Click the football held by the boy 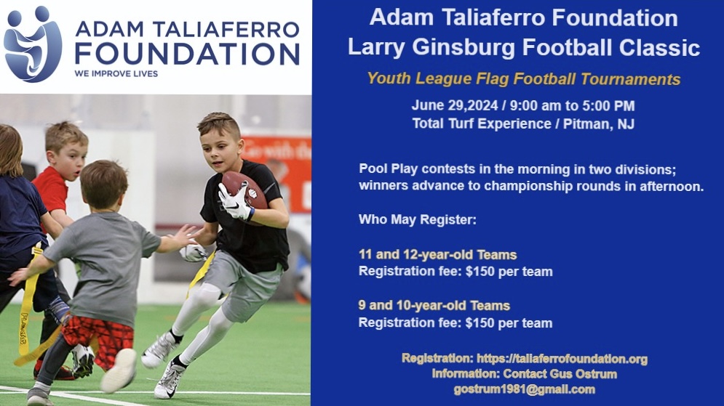(244, 190)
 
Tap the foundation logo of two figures (33, 44)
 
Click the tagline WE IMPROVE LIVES (116, 74)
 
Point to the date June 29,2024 (455, 106)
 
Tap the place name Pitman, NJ (599, 124)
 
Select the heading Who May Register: (418, 219)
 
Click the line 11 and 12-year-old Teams (438, 255)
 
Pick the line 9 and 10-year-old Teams (434, 306)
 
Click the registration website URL (562, 359)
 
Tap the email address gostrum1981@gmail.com (524, 389)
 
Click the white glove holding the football (234, 202)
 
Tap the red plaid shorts (99, 339)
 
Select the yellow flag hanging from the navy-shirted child (27, 299)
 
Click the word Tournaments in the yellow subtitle (630, 79)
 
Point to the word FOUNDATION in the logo (187, 54)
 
